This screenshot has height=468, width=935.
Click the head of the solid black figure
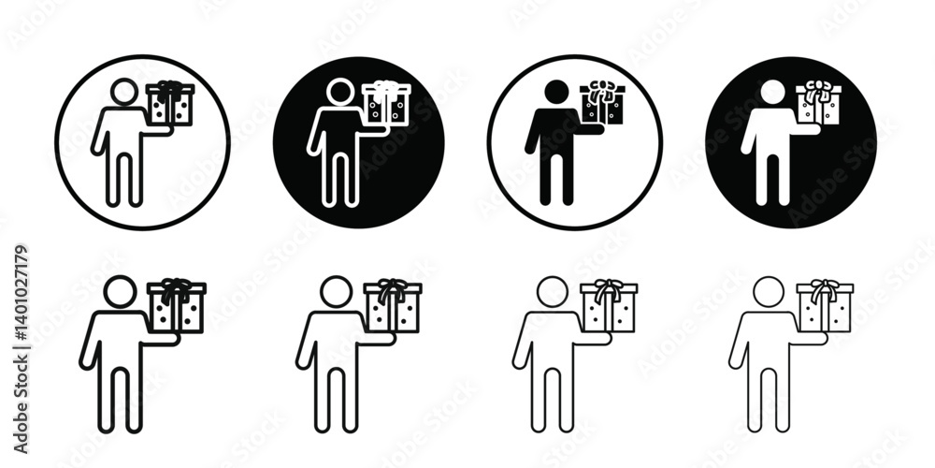tap(556, 92)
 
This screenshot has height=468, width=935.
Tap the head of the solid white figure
tap(773, 92)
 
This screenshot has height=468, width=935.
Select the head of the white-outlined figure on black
tap(340, 92)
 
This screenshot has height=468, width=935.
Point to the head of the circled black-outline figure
tap(124, 92)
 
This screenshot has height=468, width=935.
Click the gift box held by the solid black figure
tap(602, 105)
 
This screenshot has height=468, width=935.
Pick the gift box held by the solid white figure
tap(819, 105)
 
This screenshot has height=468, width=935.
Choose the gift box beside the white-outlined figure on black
tap(386, 104)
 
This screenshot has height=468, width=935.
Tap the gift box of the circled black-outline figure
tap(170, 104)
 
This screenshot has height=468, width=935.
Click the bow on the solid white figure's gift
tap(817, 90)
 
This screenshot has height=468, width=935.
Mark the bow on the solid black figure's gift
tap(600, 90)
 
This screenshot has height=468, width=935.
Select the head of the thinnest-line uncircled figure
tap(768, 291)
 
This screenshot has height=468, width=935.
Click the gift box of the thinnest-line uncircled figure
tap(825, 306)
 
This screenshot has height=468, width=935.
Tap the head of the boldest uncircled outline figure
tap(120, 291)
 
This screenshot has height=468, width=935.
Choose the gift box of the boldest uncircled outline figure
tap(177, 306)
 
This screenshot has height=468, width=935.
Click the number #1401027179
tap(21, 292)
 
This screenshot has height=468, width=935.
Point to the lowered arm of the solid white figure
tap(749, 133)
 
